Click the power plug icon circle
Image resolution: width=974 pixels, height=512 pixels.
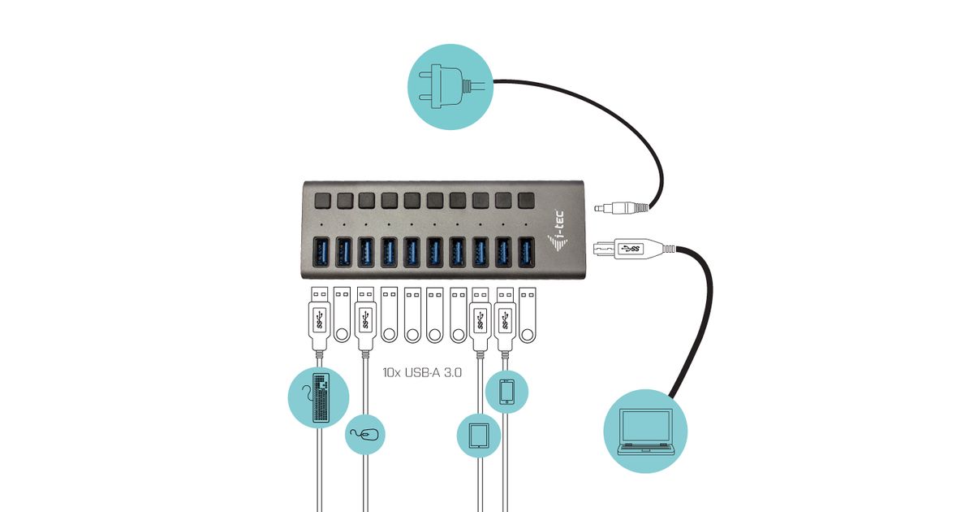pos(450,85)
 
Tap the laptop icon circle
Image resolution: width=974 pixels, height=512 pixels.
pos(646,431)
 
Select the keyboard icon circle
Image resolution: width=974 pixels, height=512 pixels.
pos(319,397)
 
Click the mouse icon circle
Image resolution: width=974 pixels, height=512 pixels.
pos(364,435)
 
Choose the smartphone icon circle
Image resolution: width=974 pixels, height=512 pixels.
pos(506,392)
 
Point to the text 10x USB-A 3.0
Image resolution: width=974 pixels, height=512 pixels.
pos(422,373)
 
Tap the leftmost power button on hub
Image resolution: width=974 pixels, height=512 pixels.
pos(321,199)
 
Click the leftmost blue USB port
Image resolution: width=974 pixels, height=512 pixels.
pos(321,252)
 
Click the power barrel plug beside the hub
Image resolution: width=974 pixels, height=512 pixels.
pos(622,208)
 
